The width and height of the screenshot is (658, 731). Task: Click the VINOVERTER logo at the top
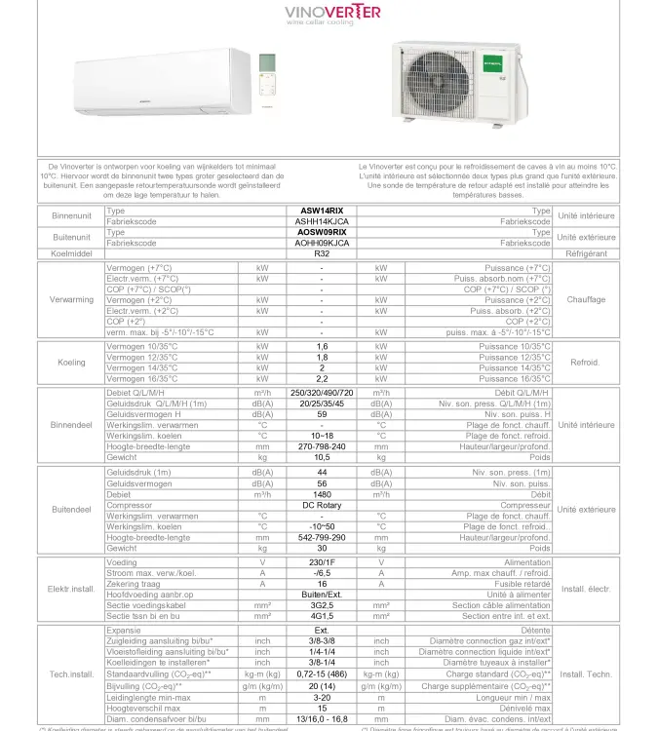pos(332,13)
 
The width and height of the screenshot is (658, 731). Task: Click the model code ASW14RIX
pos(322,211)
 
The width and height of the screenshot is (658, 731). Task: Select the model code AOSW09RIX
pos(322,232)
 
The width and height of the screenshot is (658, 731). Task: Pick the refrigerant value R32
pos(322,253)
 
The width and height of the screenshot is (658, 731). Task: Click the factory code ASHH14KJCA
pos(322,221)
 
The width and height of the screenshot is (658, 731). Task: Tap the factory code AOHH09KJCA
pos(322,243)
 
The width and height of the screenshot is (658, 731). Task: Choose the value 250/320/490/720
pos(322,392)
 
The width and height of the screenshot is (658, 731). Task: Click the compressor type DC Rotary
pos(322,505)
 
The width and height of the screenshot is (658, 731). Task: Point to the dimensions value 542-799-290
pos(322,537)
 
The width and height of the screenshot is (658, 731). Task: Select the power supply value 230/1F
pos(322,562)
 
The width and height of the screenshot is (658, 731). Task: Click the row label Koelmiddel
pos(70,253)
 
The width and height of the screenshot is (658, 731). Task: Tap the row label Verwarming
pos(70,299)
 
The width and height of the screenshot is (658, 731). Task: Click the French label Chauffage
pos(586,299)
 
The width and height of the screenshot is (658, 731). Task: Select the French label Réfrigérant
pos(586,253)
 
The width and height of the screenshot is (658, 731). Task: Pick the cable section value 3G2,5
pos(322,604)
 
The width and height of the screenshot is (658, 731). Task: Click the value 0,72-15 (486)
pos(322,673)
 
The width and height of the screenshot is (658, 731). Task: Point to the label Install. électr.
pos(586,589)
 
